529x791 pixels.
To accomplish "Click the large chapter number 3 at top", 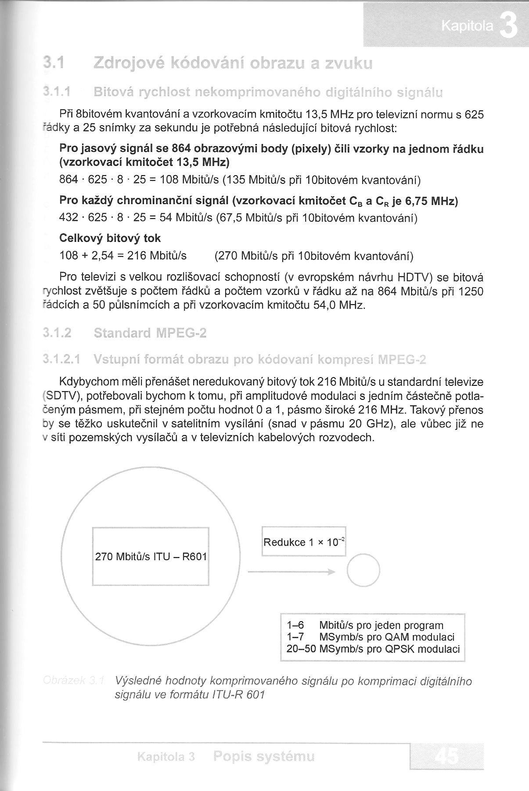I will point(508,25).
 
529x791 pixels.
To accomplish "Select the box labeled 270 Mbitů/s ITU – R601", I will point(151,557).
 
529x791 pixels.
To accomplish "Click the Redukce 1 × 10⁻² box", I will point(304,542).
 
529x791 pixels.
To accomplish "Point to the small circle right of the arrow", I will point(363,570).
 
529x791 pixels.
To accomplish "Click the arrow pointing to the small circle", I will point(292,572).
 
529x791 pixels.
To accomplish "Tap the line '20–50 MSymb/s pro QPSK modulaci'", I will point(373,649).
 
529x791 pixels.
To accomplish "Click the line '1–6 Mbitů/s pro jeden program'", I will point(364,625).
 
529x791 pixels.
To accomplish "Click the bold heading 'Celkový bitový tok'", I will point(110,238).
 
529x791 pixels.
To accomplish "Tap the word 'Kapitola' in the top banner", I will point(467,27).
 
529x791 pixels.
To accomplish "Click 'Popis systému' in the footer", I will point(264,756).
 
